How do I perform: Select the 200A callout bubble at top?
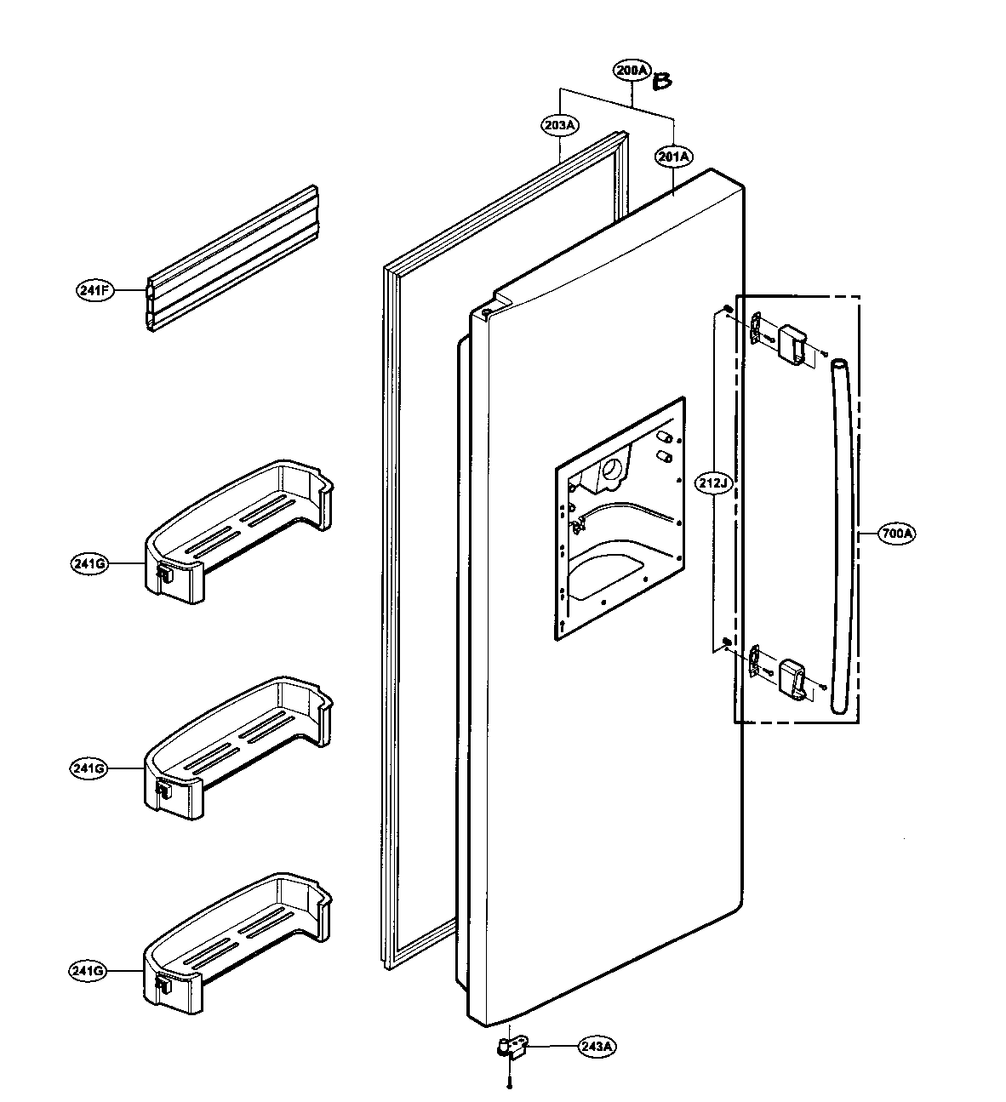[632, 71]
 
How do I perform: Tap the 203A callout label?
[559, 125]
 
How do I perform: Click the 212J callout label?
[713, 482]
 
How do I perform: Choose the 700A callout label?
[897, 534]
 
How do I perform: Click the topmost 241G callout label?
[89, 563]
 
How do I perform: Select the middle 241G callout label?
[89, 768]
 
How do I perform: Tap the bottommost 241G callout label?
[89, 970]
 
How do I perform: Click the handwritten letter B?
[662, 83]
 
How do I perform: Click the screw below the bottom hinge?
[509, 1083]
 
